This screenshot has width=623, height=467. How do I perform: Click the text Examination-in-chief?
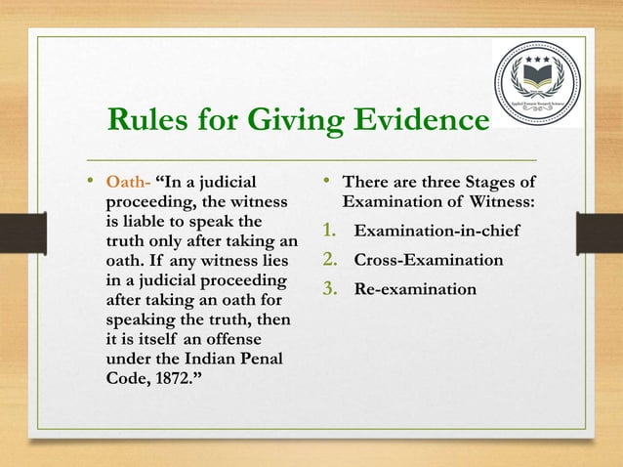coord(435,232)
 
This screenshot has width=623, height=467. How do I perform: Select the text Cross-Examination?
coord(428,261)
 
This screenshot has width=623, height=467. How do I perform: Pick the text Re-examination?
coord(415,290)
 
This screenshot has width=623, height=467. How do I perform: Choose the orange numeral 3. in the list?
coord(331,290)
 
